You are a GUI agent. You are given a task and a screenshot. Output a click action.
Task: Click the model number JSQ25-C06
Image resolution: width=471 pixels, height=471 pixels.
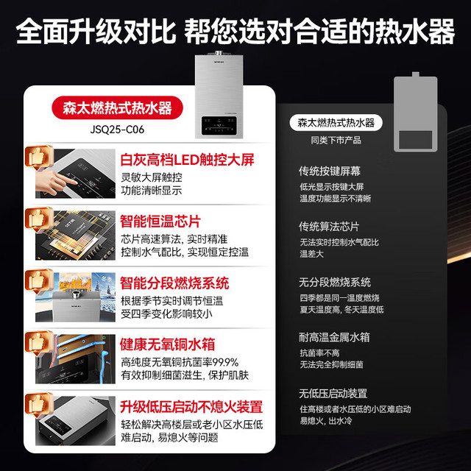point(117,130)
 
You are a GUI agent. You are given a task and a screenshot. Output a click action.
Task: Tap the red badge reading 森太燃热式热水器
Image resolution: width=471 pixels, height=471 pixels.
point(118,107)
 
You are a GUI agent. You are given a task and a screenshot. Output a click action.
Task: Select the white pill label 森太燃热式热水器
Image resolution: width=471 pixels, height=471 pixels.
point(336,123)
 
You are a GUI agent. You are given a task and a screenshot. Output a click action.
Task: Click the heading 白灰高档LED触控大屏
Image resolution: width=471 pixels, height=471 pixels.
point(187,160)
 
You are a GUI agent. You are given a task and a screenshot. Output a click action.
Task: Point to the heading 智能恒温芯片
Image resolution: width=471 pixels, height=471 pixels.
point(160,222)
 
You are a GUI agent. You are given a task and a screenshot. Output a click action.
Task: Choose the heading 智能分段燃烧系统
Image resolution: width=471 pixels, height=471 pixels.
point(174,283)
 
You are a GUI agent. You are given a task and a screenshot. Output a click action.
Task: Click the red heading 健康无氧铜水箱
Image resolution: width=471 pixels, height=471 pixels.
point(167,344)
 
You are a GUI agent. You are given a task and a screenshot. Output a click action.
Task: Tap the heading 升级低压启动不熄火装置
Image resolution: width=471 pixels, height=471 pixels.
point(191,407)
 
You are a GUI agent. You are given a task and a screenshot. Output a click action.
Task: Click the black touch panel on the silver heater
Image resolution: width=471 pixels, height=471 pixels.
point(219,125)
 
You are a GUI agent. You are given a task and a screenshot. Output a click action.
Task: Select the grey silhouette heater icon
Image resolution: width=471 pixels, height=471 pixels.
point(416,112)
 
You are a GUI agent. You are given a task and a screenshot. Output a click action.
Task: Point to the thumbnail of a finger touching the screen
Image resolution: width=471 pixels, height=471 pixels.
point(75,174)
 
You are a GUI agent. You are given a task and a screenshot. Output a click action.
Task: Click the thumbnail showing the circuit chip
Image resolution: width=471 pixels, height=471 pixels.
point(75,235)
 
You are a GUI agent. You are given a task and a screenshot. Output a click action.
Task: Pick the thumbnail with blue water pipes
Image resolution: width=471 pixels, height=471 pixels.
point(75,359)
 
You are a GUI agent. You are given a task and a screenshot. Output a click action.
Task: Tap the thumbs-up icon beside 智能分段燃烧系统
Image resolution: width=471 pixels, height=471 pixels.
point(38,281)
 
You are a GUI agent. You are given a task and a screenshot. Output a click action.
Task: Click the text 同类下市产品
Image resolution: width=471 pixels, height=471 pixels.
point(336,141)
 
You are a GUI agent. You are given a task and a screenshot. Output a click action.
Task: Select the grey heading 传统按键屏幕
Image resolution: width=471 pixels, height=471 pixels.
point(330,171)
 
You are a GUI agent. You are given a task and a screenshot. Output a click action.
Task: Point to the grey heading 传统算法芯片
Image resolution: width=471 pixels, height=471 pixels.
point(329,227)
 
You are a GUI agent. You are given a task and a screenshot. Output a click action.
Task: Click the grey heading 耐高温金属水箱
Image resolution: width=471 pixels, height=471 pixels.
point(334,337)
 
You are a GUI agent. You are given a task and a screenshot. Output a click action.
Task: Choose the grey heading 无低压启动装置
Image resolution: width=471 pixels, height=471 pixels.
point(333,393)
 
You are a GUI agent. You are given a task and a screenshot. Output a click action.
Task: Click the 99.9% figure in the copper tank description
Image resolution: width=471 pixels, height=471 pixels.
point(225,362)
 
